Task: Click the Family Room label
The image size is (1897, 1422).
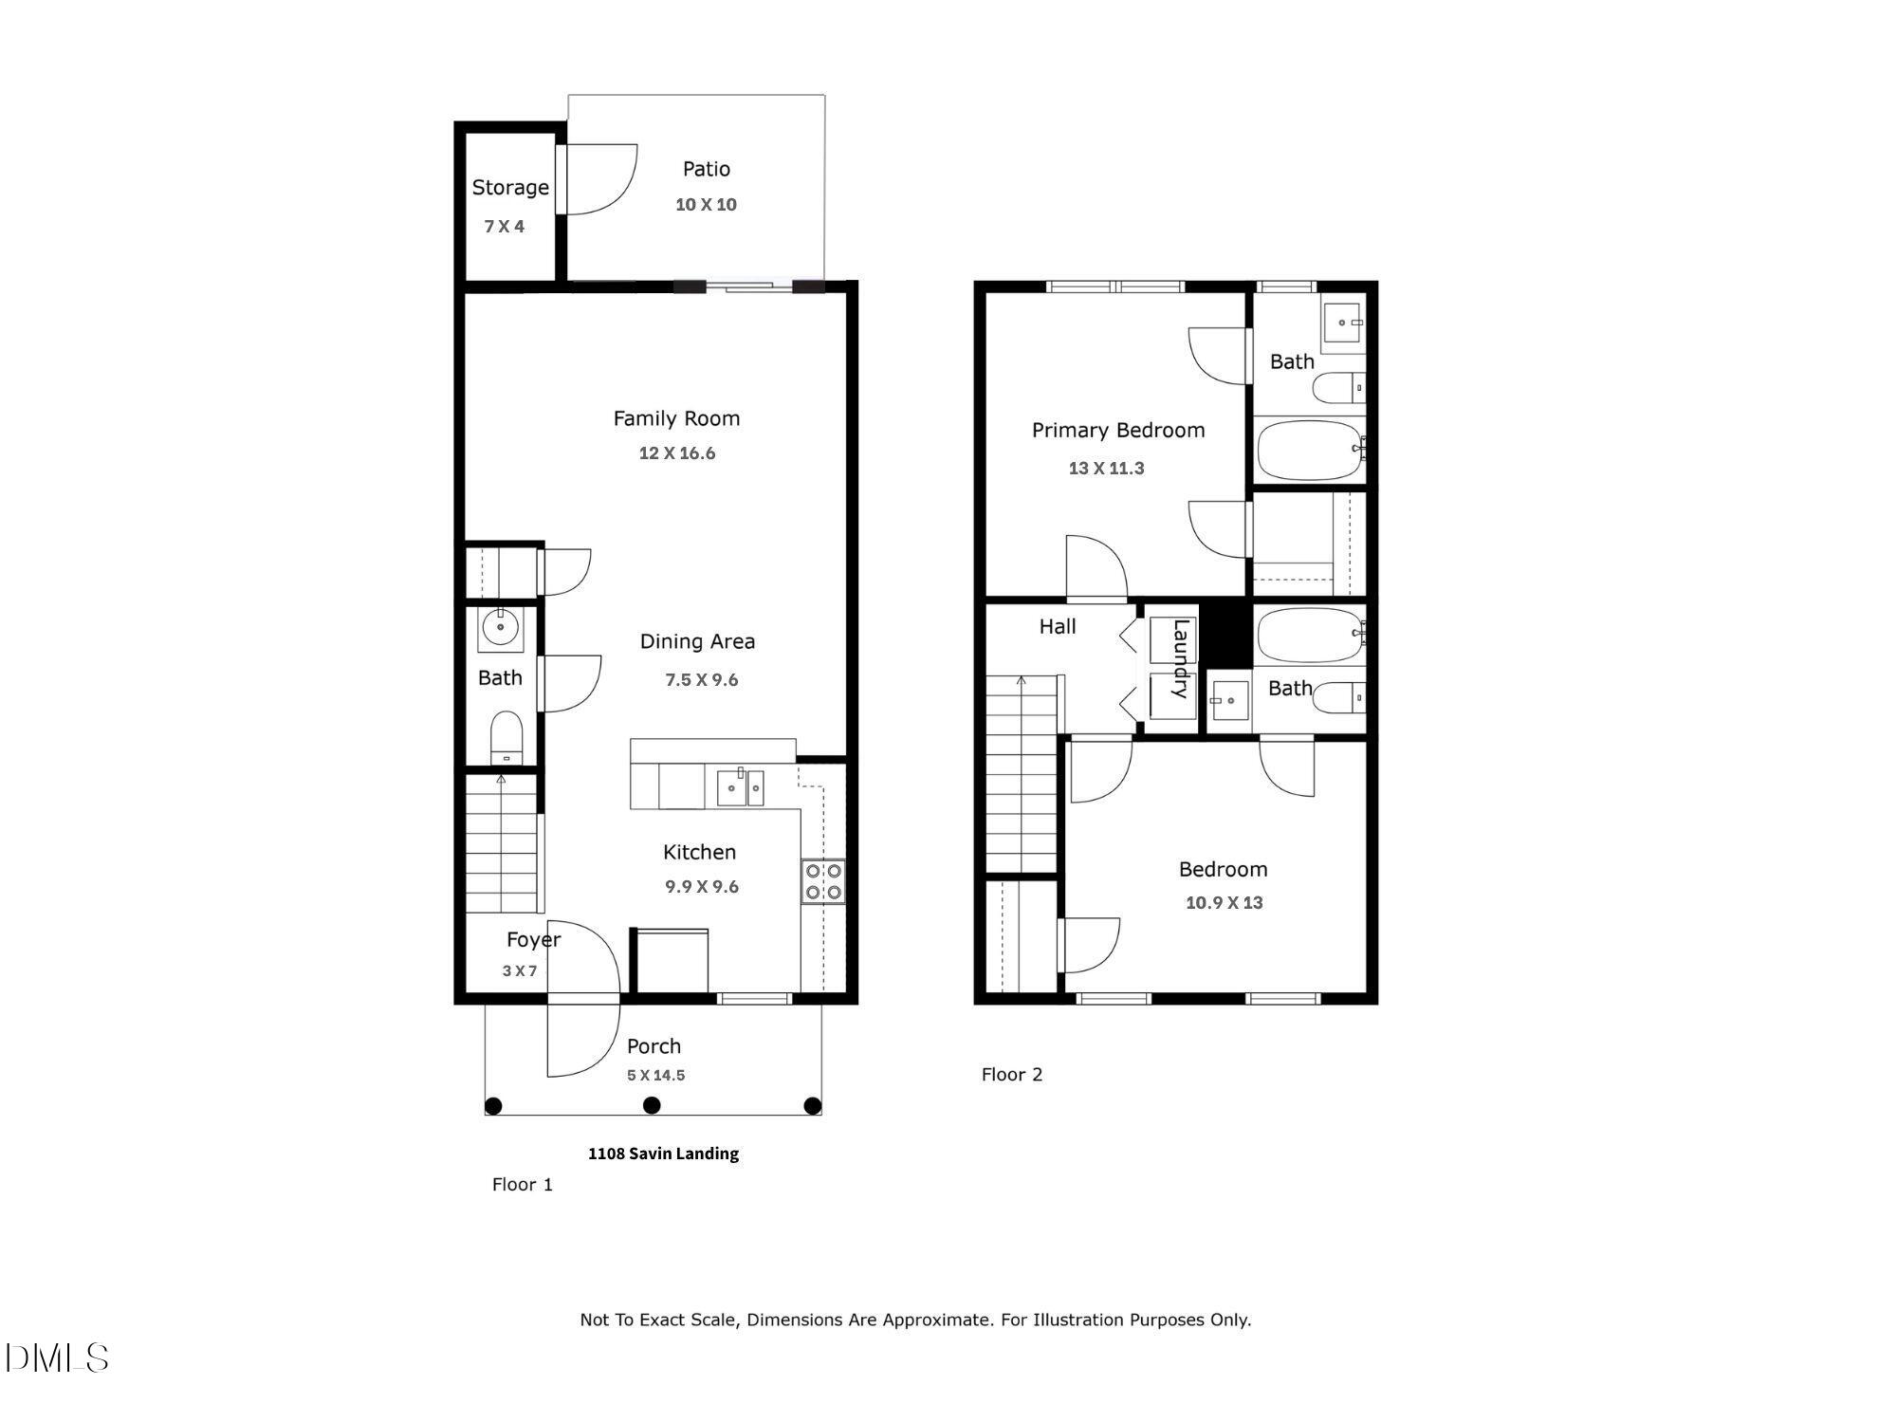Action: (x=675, y=418)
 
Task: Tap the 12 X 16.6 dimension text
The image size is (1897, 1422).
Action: (x=676, y=453)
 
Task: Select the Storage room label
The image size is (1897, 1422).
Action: (x=510, y=188)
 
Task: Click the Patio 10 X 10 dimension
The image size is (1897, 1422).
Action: (x=706, y=205)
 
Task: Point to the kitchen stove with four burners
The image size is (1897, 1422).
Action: (x=823, y=881)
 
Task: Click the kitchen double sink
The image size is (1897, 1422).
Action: (x=740, y=787)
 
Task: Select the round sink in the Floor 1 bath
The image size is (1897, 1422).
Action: (x=500, y=627)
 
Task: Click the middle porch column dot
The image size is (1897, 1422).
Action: (x=652, y=1105)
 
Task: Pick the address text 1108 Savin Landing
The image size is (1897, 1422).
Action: (x=663, y=1154)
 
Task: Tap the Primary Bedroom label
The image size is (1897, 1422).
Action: (x=1117, y=431)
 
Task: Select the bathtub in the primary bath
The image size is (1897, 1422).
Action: (x=1310, y=450)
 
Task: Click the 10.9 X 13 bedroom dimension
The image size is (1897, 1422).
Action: (x=1224, y=903)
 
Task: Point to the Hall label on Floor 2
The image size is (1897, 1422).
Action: (x=1057, y=626)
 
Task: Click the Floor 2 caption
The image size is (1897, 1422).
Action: (x=1011, y=1074)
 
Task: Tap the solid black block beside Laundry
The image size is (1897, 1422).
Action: (x=1226, y=634)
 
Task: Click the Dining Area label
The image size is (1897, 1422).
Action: (x=697, y=641)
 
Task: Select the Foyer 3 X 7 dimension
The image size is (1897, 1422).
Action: (x=520, y=970)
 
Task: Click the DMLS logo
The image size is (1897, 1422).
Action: (x=57, y=1357)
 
